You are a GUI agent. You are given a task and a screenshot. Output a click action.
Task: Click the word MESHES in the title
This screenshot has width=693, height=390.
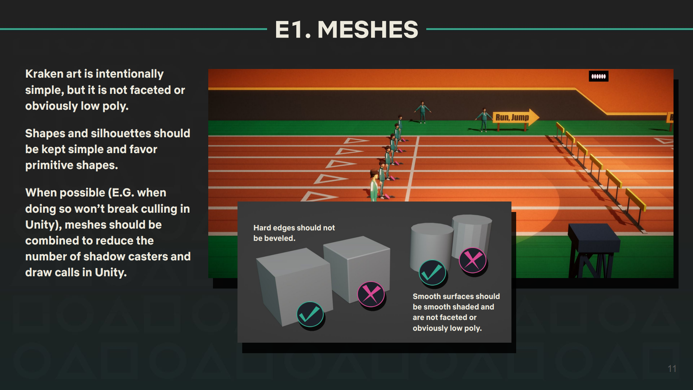point(367,30)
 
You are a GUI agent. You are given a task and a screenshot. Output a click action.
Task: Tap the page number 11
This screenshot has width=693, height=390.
point(672,369)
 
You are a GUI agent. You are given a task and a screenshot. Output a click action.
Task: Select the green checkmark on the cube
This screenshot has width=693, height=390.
point(310,314)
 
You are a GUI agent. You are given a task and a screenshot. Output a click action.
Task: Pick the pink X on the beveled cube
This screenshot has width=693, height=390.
point(371,294)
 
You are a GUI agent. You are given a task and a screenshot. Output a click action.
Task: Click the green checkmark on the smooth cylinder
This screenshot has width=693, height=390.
point(432,272)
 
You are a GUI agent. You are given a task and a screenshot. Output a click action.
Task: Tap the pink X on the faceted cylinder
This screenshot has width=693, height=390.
point(472,260)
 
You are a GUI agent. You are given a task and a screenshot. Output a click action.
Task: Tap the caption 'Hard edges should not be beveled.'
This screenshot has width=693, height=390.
point(294,233)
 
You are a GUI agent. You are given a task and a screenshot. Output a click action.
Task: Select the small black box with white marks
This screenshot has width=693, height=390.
point(598,76)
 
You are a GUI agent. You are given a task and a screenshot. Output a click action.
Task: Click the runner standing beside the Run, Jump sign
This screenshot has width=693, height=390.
point(484,119)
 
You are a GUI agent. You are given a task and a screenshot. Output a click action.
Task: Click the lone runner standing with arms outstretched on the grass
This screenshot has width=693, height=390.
point(422,112)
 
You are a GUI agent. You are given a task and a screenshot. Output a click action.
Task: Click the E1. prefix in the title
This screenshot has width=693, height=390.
point(293,30)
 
